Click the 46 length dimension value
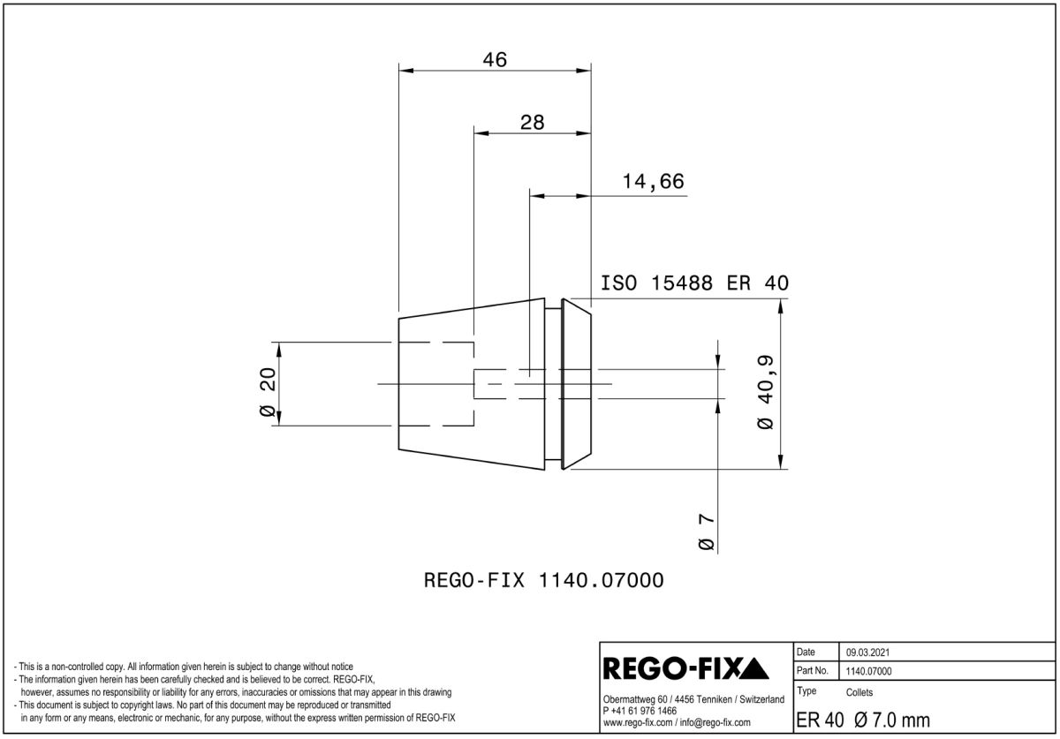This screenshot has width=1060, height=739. (x=495, y=60)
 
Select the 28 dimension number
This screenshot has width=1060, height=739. (x=532, y=123)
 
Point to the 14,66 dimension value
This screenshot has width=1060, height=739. (x=653, y=182)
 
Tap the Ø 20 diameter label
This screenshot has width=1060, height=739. (x=269, y=392)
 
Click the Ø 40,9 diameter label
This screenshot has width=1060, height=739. (x=765, y=392)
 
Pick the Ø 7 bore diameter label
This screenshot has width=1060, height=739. (x=706, y=532)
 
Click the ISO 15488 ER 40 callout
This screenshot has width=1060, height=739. (x=694, y=283)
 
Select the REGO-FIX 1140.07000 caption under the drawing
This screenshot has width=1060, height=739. (x=543, y=580)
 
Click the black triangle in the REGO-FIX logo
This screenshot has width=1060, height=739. (x=753, y=669)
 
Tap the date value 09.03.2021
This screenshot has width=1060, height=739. (x=867, y=652)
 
